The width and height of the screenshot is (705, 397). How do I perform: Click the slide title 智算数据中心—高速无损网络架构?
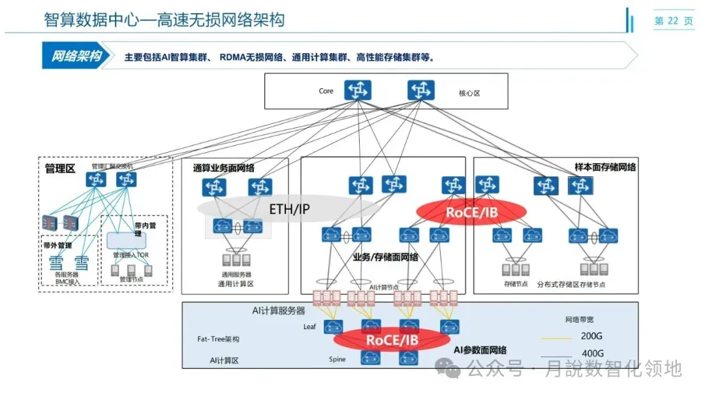(164, 20)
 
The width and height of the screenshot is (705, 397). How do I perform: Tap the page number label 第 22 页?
(674, 21)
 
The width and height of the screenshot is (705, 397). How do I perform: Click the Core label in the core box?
(326, 91)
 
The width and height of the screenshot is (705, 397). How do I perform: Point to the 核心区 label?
(469, 93)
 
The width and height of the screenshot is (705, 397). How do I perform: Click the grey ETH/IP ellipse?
(289, 209)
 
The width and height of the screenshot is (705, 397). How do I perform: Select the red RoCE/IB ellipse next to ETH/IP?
(472, 212)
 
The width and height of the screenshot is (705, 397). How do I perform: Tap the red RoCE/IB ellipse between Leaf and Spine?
(391, 340)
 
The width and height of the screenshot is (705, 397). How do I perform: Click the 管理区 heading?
(60, 168)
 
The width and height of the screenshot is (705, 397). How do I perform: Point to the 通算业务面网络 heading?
(223, 168)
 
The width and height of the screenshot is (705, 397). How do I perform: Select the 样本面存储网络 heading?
(604, 167)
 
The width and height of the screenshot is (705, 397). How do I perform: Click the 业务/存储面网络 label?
(386, 257)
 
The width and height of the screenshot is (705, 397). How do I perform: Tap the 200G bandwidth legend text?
(591, 338)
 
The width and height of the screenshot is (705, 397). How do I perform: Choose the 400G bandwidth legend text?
(592, 354)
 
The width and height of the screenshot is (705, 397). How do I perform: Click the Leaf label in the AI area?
(310, 326)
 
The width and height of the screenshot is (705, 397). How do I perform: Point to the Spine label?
(337, 359)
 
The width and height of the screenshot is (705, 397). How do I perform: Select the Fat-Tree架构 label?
(218, 340)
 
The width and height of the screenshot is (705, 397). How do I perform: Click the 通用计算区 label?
(236, 284)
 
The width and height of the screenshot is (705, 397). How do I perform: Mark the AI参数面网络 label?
(480, 351)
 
